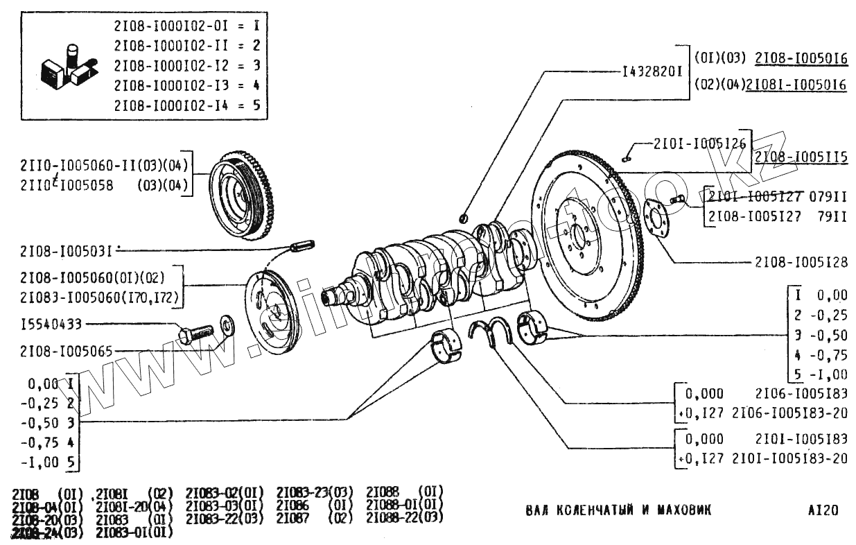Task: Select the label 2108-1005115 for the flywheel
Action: click(801, 157)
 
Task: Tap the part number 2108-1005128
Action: click(801, 263)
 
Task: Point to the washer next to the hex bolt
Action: click(227, 324)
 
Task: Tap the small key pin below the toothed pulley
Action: click(302, 244)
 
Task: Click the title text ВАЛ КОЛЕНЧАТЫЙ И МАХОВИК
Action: click(618, 511)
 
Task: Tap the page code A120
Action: click(823, 511)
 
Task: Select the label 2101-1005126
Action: click(699, 144)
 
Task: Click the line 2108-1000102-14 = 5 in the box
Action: click(187, 107)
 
